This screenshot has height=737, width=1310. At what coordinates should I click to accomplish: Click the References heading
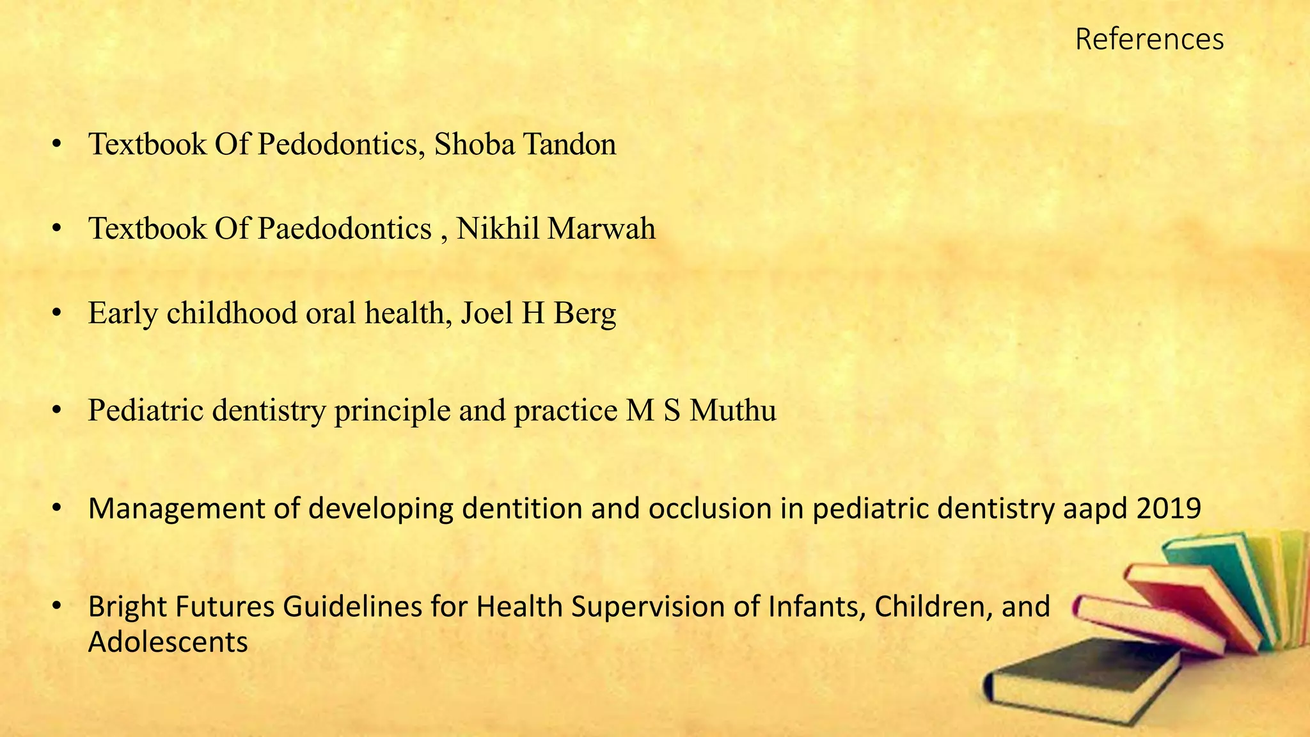pos(1149,39)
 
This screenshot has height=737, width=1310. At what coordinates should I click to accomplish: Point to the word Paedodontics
pos(345,228)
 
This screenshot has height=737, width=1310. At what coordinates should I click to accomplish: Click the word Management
pos(176,509)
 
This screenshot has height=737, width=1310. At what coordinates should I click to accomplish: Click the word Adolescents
pos(168,642)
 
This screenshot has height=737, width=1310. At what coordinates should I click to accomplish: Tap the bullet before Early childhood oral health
pos(57,313)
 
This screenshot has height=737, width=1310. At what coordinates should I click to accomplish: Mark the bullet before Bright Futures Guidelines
pos(57,606)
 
